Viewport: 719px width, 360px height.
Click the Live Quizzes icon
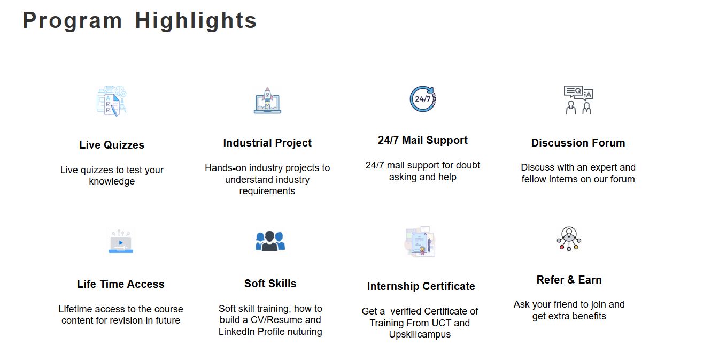click(x=112, y=101)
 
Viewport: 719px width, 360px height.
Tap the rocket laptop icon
click(x=267, y=101)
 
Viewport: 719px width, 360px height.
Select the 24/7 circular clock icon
click(x=423, y=99)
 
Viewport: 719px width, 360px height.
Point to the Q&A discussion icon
click(x=578, y=100)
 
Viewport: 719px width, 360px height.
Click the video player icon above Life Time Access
click(x=121, y=241)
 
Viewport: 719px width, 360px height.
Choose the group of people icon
click(x=270, y=241)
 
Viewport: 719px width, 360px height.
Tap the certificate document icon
click(x=420, y=242)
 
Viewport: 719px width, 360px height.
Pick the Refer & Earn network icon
click(x=569, y=239)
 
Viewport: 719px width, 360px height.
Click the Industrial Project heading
click(x=267, y=143)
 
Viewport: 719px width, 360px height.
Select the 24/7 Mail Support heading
click(x=423, y=140)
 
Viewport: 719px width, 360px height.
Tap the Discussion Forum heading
click(x=578, y=143)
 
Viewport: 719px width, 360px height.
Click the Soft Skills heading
click(x=270, y=284)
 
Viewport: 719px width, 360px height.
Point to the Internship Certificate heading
click(x=421, y=286)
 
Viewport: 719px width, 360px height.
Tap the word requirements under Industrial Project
click(x=267, y=191)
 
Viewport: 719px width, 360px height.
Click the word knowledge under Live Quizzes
click(x=112, y=181)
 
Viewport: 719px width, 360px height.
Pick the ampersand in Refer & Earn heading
click(x=571, y=280)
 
